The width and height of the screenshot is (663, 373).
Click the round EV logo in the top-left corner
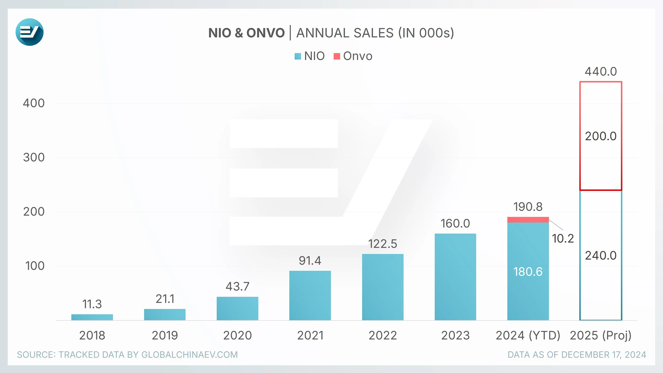(x=29, y=32)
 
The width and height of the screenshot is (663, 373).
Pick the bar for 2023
(x=455, y=277)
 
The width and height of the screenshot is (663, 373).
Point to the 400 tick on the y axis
(x=34, y=103)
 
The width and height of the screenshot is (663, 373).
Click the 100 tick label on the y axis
(x=35, y=266)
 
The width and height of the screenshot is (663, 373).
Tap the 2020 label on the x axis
(x=237, y=335)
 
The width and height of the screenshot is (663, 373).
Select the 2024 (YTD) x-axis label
(x=528, y=335)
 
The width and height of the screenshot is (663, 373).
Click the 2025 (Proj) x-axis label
(x=601, y=335)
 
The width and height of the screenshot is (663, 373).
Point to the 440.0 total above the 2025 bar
(x=601, y=71)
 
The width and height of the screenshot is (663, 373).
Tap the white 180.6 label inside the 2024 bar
(x=528, y=272)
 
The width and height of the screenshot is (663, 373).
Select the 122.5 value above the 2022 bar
(x=383, y=244)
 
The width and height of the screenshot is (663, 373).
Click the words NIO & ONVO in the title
(x=246, y=33)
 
